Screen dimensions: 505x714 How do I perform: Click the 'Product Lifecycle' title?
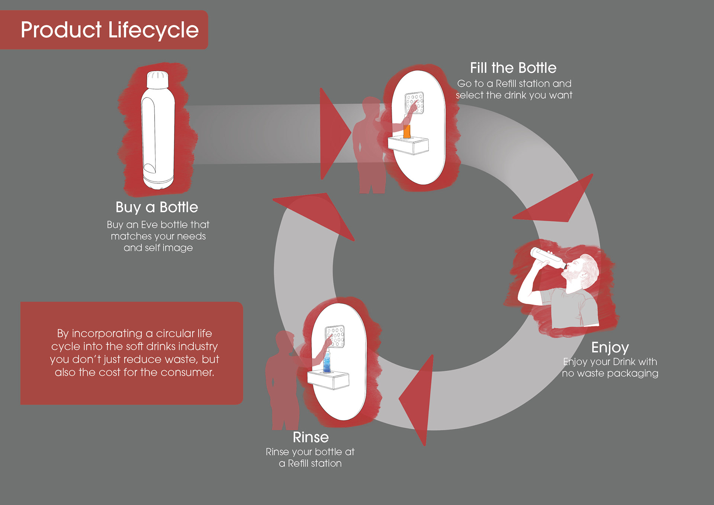coord(110,30)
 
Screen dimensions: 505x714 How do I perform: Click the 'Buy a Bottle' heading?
coord(157,207)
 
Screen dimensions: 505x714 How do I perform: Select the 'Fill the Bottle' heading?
coord(513,68)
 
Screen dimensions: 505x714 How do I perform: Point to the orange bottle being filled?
coord(407,131)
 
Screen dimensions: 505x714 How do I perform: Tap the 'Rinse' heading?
coord(311,437)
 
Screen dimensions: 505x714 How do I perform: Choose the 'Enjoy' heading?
coord(610,347)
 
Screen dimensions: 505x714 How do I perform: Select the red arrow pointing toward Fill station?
coord(333,133)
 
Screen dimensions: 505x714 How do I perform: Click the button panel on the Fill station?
coord(415,103)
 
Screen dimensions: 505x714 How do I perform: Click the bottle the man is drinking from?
coord(547,258)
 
